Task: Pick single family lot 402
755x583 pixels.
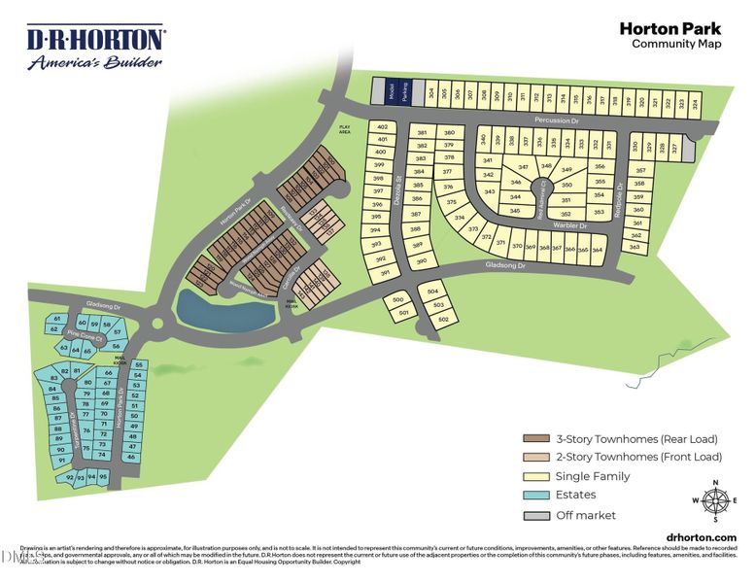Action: (382, 127)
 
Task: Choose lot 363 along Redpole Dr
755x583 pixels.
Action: (635, 247)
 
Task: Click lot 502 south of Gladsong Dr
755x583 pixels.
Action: (442, 319)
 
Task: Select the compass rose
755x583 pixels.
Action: (715, 501)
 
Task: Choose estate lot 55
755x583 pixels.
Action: (138, 365)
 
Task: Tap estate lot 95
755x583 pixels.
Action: (103, 476)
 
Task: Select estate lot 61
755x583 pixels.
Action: (57, 319)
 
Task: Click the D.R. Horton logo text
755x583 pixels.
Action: (95, 40)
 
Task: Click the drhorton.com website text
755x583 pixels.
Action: (702, 537)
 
